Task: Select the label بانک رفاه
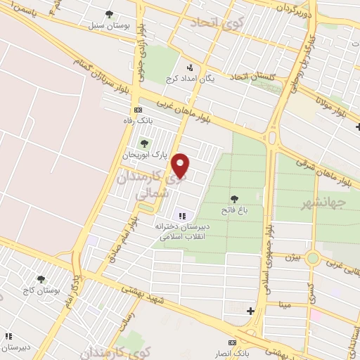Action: click(x=137, y=121)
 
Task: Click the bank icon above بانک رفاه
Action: click(x=138, y=110)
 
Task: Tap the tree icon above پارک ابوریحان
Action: click(x=144, y=143)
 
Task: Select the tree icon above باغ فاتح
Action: click(x=233, y=198)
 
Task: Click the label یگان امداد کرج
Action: click(x=189, y=79)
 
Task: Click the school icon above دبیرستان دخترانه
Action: click(x=181, y=216)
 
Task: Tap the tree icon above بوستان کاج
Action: click(x=41, y=278)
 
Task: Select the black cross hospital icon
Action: click(x=250, y=310)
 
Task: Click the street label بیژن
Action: click(x=292, y=258)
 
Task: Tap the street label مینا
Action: click(x=285, y=304)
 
